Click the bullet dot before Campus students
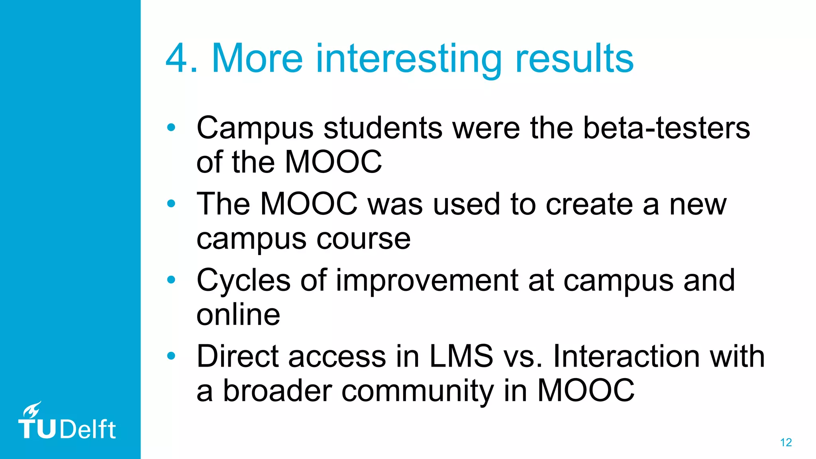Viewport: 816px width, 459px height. coord(171,127)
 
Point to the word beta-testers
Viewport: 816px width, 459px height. coord(667,128)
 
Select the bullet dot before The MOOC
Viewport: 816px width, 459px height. coord(171,204)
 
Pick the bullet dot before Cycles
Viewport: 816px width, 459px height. coord(171,280)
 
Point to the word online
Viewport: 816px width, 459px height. coord(238,314)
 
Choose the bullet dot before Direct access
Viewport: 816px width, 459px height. coord(171,356)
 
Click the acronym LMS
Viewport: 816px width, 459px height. coord(461,356)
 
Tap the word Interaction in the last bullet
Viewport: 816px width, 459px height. coord(626,356)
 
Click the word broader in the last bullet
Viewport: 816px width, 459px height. coord(277,390)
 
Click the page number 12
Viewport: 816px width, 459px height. coord(786,442)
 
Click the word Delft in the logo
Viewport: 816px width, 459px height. coord(88,430)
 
